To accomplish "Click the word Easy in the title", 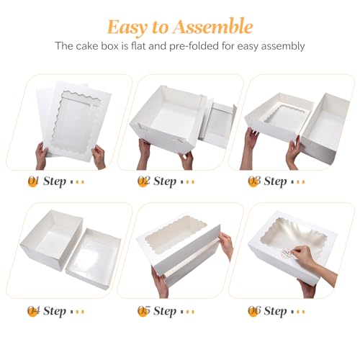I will [129, 27].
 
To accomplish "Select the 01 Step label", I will [56, 181].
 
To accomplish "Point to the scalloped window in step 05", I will [176, 238].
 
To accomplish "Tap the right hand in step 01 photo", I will [99, 156].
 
